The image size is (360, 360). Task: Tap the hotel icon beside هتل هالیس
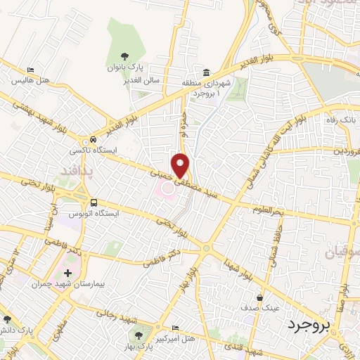[30, 70]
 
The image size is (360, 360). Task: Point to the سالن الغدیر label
[144, 80]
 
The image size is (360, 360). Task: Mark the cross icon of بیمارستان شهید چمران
[67, 272]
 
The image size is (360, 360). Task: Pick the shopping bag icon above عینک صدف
[262, 297]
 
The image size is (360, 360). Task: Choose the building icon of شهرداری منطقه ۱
[207, 72]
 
